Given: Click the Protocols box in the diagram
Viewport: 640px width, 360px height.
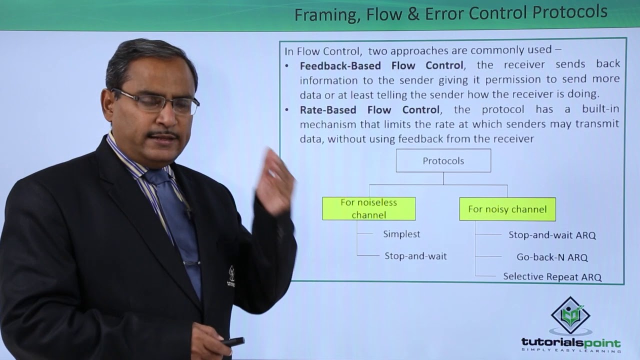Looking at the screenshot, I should [443, 160].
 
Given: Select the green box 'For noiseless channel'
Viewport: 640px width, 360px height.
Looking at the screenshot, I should [368, 208].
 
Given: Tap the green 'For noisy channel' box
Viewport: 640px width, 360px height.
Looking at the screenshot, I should [507, 209].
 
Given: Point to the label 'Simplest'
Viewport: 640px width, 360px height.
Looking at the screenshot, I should [401, 234].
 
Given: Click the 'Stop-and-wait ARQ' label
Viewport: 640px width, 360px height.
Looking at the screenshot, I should [552, 235].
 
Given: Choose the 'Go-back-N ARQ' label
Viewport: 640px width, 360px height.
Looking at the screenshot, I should [552, 257].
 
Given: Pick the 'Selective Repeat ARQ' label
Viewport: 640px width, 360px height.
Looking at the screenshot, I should [552, 276].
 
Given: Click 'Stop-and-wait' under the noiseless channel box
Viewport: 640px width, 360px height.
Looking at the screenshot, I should [415, 256].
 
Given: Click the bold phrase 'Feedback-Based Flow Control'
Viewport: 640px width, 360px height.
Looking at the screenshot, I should [381, 65].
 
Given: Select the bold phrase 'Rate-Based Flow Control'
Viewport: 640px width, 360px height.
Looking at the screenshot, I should [369, 109].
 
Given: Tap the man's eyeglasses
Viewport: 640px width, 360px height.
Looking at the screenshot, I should [156, 101].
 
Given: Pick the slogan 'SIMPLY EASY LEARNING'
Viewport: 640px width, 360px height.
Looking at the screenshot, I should [570, 352].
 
